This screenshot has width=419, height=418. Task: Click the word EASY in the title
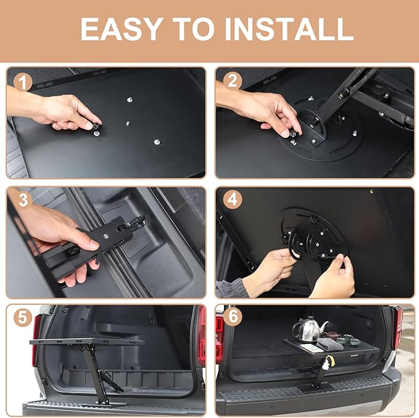tap(119, 28)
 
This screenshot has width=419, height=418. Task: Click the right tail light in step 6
tap(397, 325)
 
